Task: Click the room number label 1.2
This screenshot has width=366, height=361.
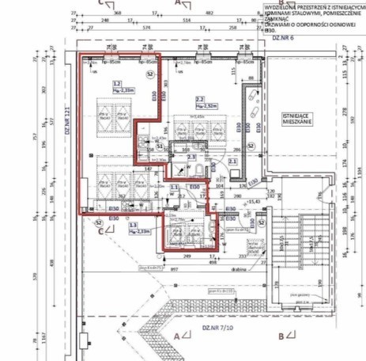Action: [x=116, y=83]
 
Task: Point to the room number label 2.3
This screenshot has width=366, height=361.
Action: [x=191, y=158]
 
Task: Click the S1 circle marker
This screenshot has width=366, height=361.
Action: [x=159, y=146]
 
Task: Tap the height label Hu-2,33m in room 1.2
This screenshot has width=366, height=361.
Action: [x=120, y=90]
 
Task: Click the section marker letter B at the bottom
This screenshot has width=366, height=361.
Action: [x=281, y=336]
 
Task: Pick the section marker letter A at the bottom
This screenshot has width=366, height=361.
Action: [x=176, y=336]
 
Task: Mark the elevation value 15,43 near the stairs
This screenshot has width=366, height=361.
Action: [x=254, y=203]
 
